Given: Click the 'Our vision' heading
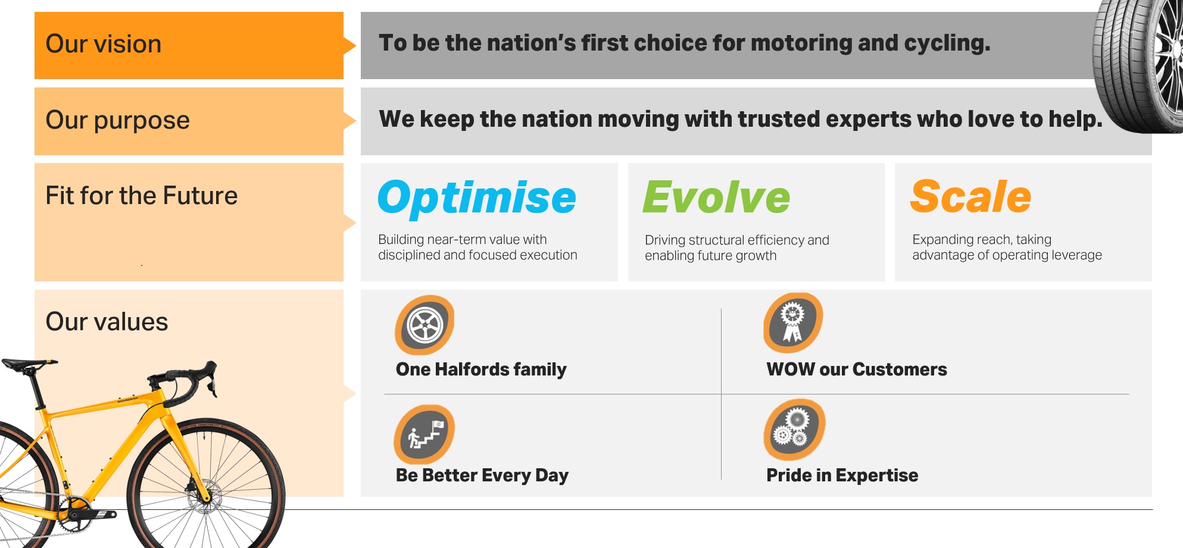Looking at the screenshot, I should pyautogui.click(x=104, y=44).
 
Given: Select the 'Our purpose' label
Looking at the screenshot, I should pyautogui.click(x=117, y=120).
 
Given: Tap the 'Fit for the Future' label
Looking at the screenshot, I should pyautogui.click(x=141, y=196).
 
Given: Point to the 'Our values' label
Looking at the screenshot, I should pyautogui.click(x=107, y=322).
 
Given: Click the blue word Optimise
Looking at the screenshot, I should pyautogui.click(x=476, y=198).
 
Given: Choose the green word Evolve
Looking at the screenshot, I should pyautogui.click(x=716, y=198).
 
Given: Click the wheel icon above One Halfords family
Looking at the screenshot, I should pyautogui.click(x=424, y=325).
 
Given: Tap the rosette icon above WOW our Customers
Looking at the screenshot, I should pyautogui.click(x=793, y=322).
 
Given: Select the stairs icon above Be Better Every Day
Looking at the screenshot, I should pyautogui.click(x=424, y=435).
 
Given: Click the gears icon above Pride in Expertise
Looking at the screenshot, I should pyautogui.click(x=794, y=429).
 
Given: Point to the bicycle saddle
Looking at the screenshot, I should pyautogui.click(x=27, y=364).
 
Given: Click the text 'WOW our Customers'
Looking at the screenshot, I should pyautogui.click(x=856, y=369).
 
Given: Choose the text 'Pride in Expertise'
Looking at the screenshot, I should pyautogui.click(x=842, y=475).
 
